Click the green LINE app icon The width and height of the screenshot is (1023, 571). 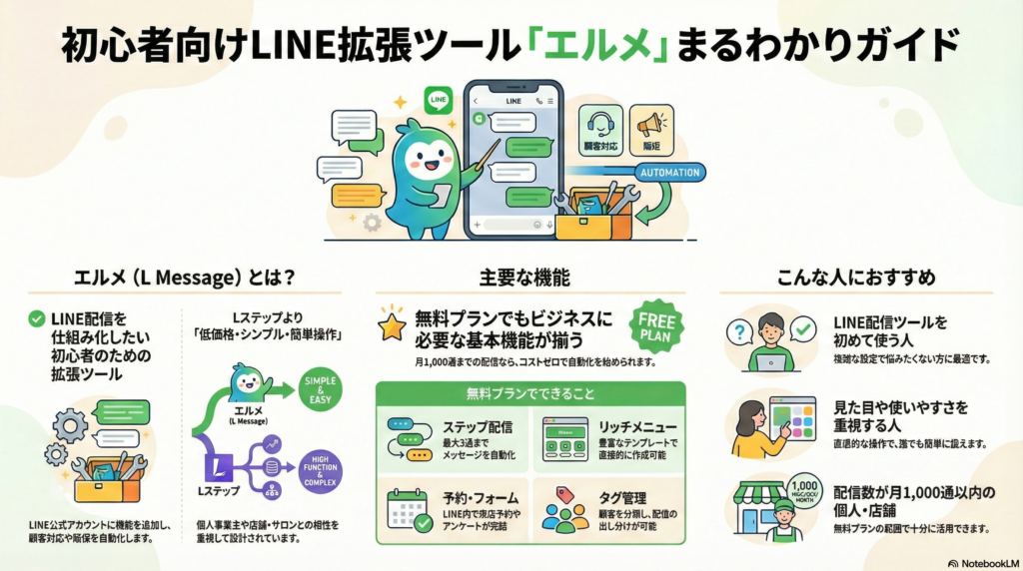[438, 100]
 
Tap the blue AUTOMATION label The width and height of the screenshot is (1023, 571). [669, 172]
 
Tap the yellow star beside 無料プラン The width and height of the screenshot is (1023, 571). [391, 326]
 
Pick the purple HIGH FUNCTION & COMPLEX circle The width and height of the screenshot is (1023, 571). [320, 470]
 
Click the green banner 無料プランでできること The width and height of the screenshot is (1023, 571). [530, 392]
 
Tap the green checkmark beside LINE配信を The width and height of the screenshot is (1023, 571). [37, 319]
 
